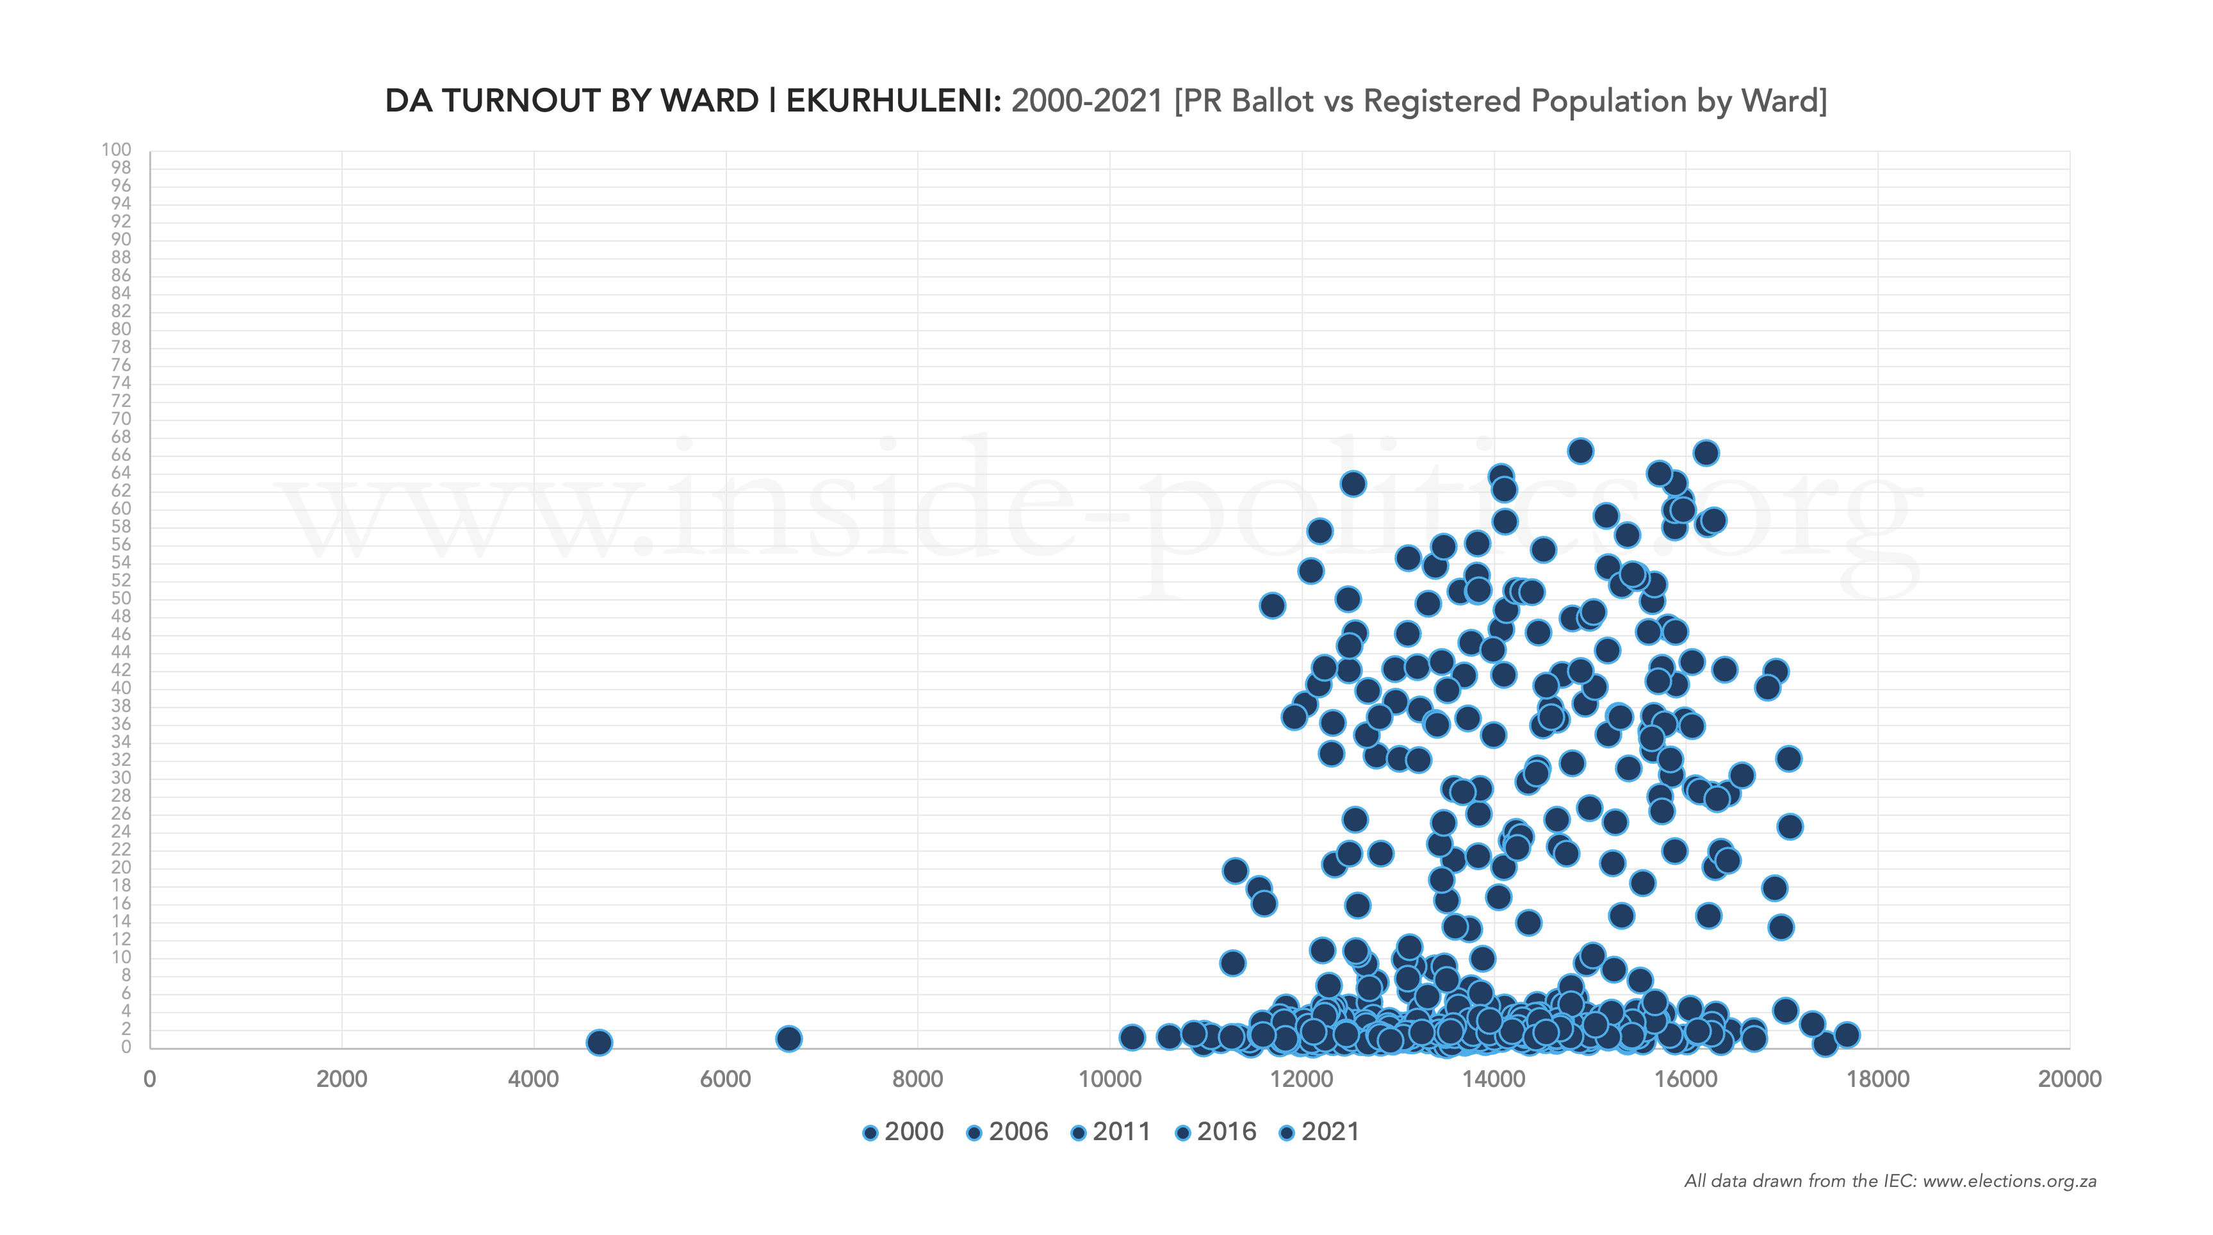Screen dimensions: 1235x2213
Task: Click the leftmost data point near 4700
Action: coord(599,1041)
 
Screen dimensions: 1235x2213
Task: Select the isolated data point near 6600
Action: coord(788,1038)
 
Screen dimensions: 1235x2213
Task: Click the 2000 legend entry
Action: coord(903,1132)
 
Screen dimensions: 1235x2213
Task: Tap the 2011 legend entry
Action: coord(1112,1132)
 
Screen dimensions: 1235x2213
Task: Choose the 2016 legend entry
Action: coord(1216,1132)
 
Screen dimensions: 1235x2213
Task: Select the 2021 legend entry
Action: coord(1319,1132)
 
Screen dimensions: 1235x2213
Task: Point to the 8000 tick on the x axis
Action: coord(917,1079)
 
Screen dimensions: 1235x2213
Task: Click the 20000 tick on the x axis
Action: coord(2069,1079)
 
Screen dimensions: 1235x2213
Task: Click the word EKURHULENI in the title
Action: coord(894,101)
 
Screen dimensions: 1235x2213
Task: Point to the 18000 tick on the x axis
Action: coord(1877,1079)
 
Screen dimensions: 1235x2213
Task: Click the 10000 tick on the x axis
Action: coord(1109,1079)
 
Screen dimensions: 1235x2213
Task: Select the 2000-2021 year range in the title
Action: coord(1087,101)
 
